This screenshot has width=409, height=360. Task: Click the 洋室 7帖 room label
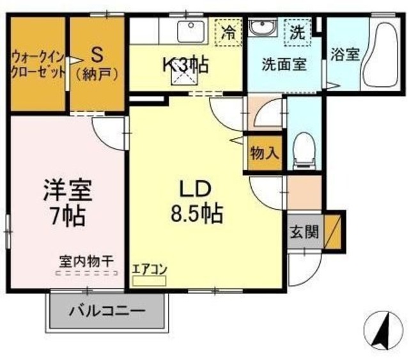[x=68, y=201]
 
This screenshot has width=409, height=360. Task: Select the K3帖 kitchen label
[x=185, y=65]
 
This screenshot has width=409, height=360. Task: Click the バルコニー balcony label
[x=107, y=313]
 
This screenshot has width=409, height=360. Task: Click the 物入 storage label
[x=264, y=153]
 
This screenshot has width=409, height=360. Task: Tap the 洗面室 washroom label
[x=282, y=64]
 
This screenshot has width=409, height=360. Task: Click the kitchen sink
[x=190, y=30]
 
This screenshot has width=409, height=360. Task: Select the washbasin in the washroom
[x=261, y=27]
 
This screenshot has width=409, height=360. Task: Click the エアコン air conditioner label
[x=149, y=269]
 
